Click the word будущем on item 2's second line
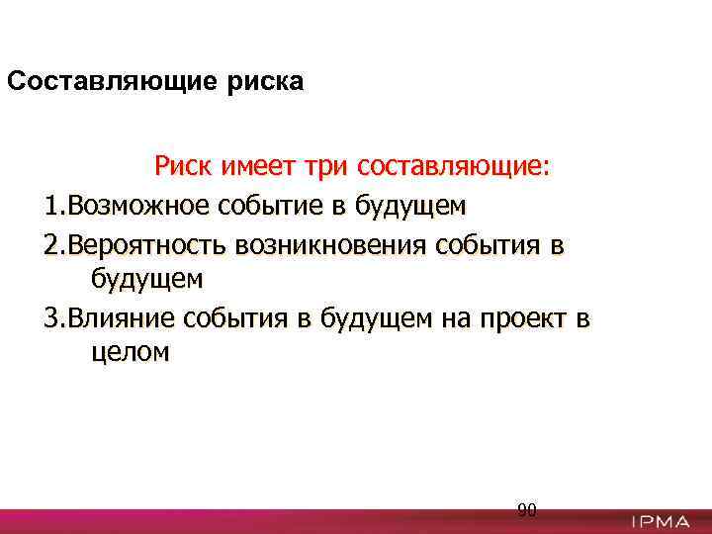pos(146,280)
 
